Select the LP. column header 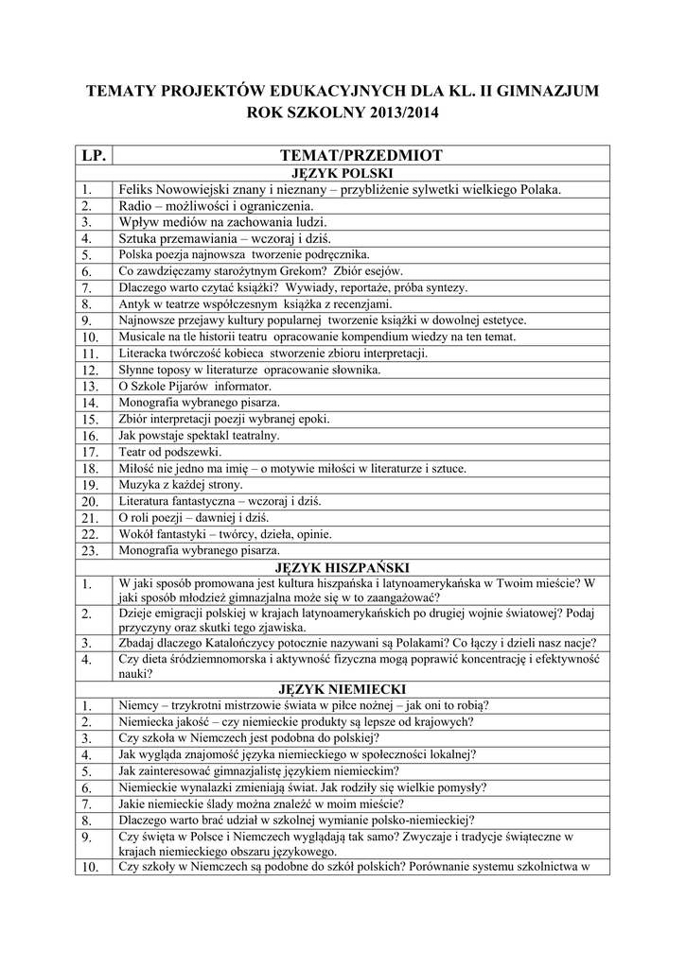[93, 154]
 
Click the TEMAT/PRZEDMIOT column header [361, 154]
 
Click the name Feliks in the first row [135, 189]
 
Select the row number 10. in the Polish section [91, 337]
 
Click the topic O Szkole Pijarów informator [195, 386]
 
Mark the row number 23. [91, 550]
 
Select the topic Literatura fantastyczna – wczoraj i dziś [221, 501]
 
